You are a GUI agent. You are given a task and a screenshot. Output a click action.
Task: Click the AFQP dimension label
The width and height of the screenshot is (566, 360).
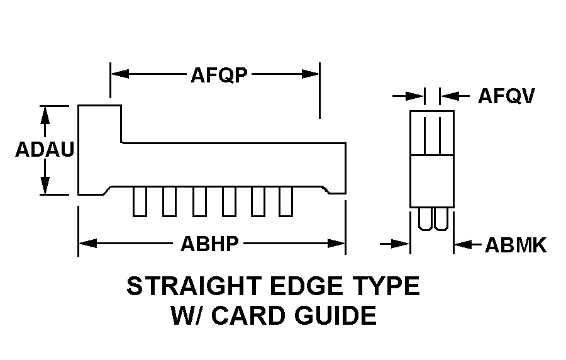(x=219, y=75)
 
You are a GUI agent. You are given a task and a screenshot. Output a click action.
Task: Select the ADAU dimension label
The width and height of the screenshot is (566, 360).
(x=45, y=150)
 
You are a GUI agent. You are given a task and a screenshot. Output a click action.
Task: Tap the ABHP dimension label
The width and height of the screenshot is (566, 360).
(x=209, y=244)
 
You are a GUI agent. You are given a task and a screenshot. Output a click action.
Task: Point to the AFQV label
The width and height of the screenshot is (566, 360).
(x=506, y=96)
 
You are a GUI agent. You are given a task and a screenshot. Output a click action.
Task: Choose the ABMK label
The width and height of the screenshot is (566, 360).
(x=516, y=245)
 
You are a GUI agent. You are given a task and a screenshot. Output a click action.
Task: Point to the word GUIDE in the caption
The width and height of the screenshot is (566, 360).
(x=335, y=315)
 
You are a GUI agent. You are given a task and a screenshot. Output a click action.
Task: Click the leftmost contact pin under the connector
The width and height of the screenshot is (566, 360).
(x=140, y=201)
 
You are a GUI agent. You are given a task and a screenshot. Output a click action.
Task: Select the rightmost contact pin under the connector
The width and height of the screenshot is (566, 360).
(x=286, y=201)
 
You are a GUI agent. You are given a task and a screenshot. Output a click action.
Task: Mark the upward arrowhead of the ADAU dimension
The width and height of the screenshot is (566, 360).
(x=45, y=116)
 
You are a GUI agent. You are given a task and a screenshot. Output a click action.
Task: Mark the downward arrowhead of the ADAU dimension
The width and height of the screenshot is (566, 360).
(x=45, y=185)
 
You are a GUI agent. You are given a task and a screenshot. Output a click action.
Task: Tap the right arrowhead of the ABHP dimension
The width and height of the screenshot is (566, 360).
(x=336, y=244)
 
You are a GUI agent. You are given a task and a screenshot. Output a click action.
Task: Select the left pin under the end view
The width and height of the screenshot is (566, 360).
(x=425, y=219)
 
